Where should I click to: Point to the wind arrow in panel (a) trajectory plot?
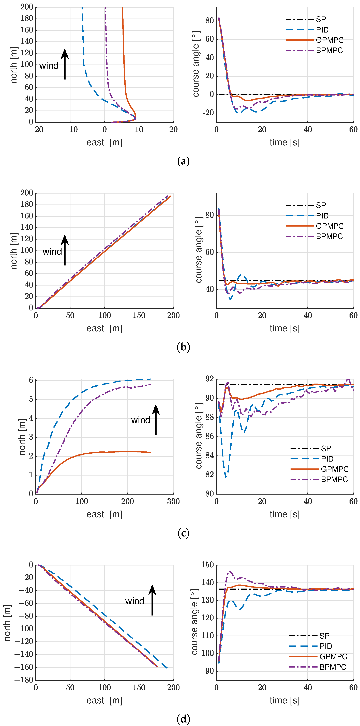point(65,64)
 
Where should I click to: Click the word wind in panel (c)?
point(140,420)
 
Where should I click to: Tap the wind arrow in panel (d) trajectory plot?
point(152,600)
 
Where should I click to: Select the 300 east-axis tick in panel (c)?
point(173,501)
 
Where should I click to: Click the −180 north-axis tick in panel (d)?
point(24,680)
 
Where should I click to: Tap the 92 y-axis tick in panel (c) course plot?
point(209,379)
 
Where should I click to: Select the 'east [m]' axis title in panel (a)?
point(104,143)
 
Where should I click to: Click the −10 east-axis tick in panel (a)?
point(70,130)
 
